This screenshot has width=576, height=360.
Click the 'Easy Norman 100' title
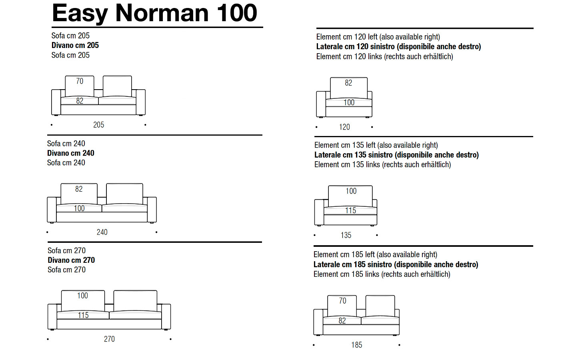tap(154, 13)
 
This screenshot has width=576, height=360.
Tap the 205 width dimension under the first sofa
tap(98, 125)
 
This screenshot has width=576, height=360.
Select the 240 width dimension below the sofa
tap(102, 232)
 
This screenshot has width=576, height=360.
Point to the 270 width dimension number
tap(109, 339)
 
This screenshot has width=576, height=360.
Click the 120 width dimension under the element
tap(344, 127)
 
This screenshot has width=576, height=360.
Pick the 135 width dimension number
tap(346, 235)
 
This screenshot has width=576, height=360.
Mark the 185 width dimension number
tap(357, 345)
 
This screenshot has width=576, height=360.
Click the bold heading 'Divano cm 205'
tap(75, 45)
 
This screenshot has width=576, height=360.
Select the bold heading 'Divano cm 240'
tap(71, 153)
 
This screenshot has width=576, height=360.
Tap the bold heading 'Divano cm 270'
tap(71, 260)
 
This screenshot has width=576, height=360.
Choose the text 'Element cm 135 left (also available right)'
tap(376, 145)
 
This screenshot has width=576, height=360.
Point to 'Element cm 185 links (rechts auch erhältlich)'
tap(382, 274)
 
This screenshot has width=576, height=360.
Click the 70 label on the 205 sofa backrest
tap(80, 81)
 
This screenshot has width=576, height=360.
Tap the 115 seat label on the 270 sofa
tap(83, 315)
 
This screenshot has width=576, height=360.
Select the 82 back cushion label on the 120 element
tap(348, 83)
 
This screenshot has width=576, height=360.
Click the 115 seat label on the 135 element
tap(351, 210)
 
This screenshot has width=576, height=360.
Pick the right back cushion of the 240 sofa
tap(124, 194)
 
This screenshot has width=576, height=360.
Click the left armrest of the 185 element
tap(318, 322)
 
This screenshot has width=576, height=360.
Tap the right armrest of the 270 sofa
tap(166, 316)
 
